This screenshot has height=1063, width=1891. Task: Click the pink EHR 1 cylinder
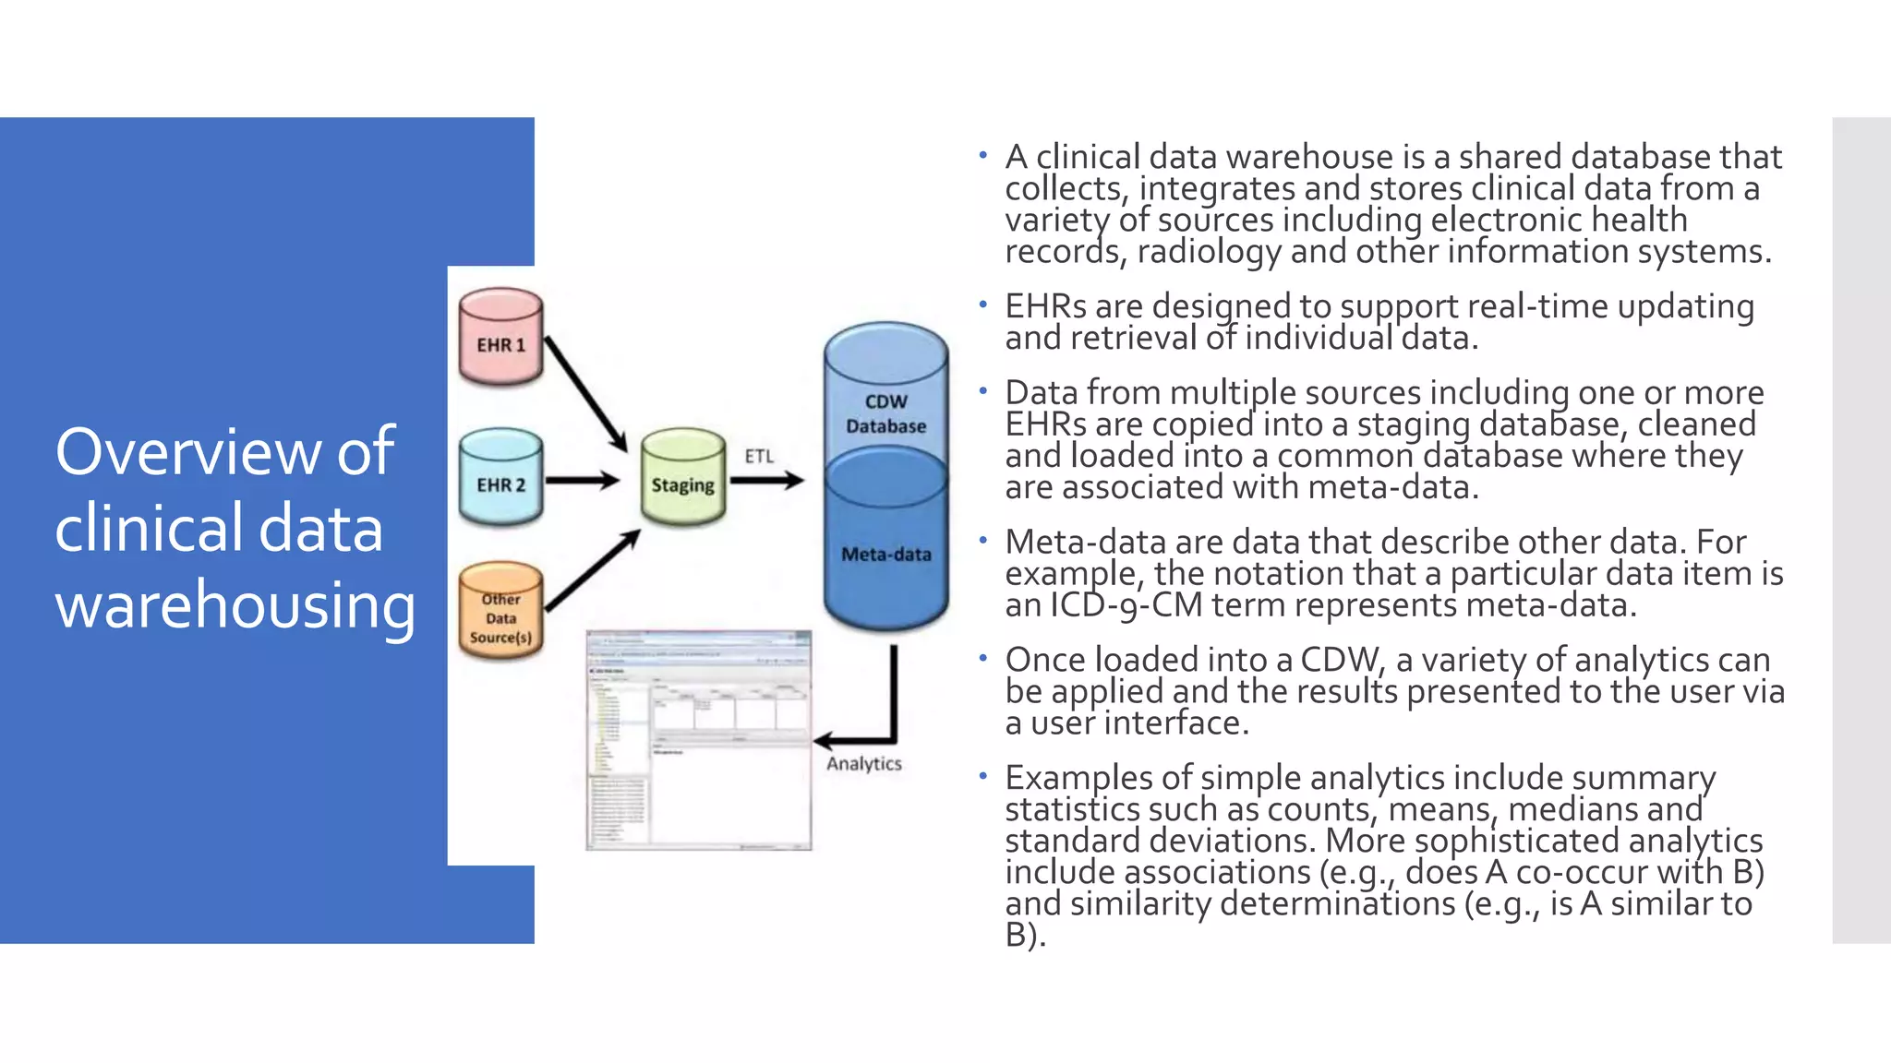click(x=500, y=337)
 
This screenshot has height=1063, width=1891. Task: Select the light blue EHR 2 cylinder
click(x=500, y=478)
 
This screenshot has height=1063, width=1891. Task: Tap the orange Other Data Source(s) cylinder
click(x=500, y=613)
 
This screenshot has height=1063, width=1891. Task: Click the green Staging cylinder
click(x=683, y=478)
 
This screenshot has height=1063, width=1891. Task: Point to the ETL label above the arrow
click(x=759, y=456)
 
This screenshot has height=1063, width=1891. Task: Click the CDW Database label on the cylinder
click(x=885, y=414)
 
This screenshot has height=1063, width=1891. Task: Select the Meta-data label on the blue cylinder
click(x=885, y=555)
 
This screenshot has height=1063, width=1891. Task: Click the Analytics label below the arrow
click(x=863, y=764)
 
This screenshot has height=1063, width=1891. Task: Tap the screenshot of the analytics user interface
click(x=699, y=740)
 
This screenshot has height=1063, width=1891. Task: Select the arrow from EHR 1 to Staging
click(x=585, y=393)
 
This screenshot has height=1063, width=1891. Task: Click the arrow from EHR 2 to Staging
click(x=582, y=481)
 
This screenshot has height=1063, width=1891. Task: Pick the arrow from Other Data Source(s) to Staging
click(x=592, y=571)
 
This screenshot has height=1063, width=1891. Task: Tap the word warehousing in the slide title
click(x=235, y=606)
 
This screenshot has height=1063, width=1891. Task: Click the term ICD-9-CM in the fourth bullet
click(x=1126, y=606)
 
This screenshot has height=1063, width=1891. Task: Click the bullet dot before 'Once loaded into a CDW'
click(x=983, y=658)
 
